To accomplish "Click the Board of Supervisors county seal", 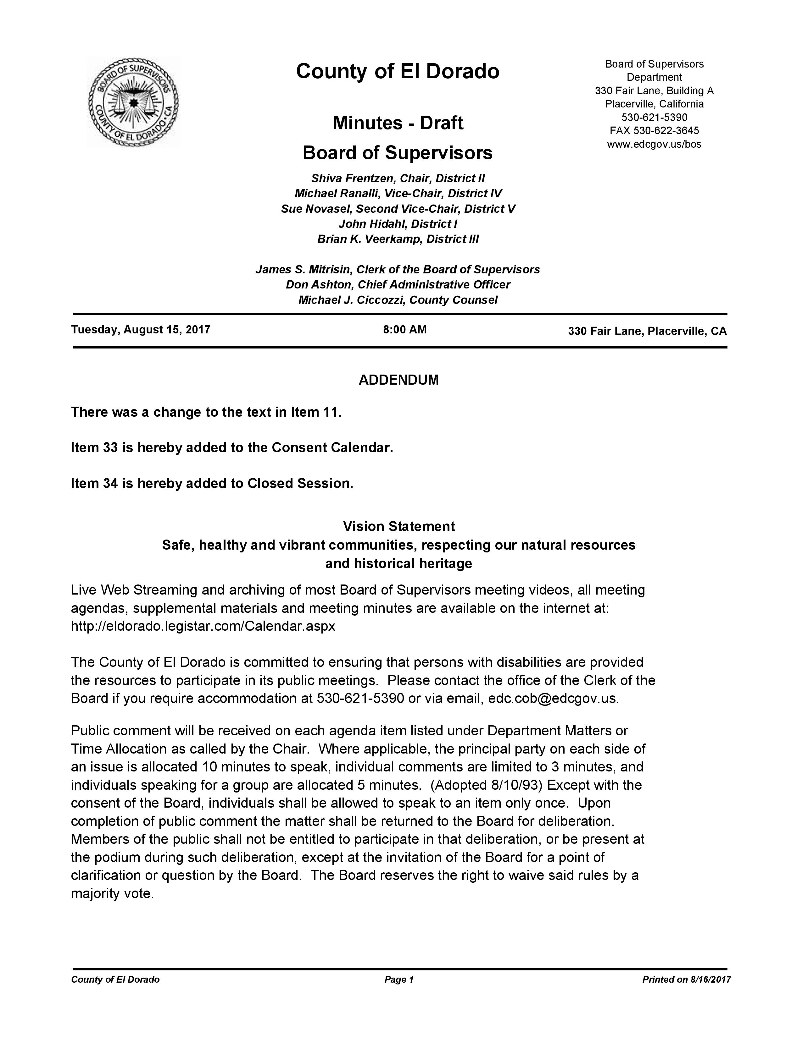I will [133, 102].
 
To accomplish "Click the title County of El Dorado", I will [398, 71].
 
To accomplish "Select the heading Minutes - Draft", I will [398, 123].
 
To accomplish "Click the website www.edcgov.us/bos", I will [654, 144].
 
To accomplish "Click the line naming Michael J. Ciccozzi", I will [398, 300].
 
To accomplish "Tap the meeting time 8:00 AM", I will [405, 330].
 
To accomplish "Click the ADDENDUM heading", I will [398, 380].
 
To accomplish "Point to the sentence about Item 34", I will [212, 483].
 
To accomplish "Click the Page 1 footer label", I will [399, 979].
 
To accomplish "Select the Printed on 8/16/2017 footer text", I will [686, 979].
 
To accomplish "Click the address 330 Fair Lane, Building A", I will [654, 91].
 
